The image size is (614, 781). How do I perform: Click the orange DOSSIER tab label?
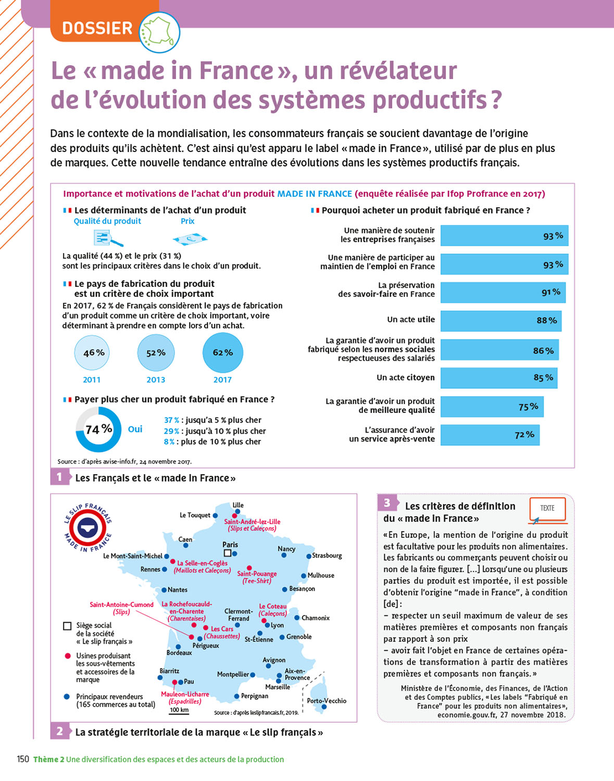click(97, 28)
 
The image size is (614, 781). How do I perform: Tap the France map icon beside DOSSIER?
click(159, 32)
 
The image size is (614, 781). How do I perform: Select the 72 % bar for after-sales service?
click(490, 435)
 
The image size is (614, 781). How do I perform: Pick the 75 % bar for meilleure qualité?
click(492, 407)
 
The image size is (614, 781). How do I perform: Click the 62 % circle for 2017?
click(222, 353)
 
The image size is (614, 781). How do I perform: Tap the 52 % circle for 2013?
click(156, 353)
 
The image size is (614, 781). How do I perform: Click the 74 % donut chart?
click(98, 429)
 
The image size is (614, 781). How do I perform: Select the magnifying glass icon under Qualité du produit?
click(108, 238)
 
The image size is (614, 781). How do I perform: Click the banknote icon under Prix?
click(190, 239)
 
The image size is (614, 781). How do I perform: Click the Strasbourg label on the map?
click(327, 556)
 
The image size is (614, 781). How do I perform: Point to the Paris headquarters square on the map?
click(227, 553)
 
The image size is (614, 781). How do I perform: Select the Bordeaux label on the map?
click(179, 652)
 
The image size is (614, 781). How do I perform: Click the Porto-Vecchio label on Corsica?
click(327, 701)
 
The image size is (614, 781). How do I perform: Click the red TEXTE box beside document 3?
click(547, 509)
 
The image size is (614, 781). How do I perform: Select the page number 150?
click(23, 759)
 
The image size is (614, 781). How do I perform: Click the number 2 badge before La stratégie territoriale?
click(60, 732)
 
